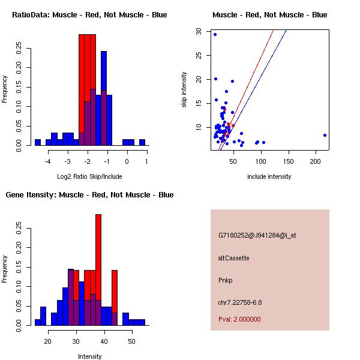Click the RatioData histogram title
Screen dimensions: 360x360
click(x=89, y=14)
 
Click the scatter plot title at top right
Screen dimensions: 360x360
click(x=269, y=14)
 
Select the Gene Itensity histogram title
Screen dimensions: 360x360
click(x=89, y=195)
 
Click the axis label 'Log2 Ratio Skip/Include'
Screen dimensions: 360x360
click(x=89, y=176)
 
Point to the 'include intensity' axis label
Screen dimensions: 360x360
click(x=269, y=176)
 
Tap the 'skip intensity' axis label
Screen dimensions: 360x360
click(x=184, y=90)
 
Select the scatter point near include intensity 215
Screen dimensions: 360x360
click(x=325, y=135)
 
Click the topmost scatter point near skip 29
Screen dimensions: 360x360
click(x=215, y=34)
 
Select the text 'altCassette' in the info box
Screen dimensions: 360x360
click(x=234, y=258)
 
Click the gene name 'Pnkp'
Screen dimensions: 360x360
click(x=226, y=280)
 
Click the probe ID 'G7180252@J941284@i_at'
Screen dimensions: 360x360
click(x=257, y=235)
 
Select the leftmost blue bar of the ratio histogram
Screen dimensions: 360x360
click(x=38, y=142)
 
